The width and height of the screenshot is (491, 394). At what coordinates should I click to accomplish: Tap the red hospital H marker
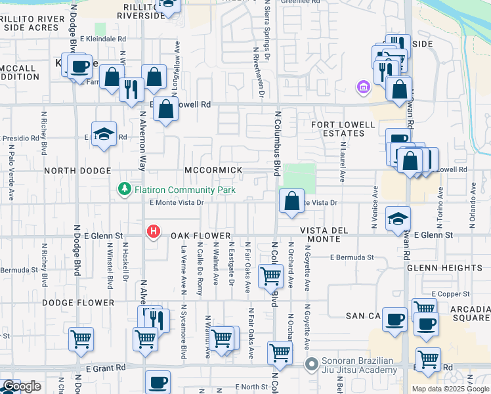[x=154, y=231]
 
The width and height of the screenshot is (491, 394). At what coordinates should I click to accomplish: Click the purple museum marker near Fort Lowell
[x=362, y=86]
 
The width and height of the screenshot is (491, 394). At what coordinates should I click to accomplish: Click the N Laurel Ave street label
[x=342, y=164]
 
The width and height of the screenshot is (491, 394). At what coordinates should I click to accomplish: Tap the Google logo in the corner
[x=22, y=386]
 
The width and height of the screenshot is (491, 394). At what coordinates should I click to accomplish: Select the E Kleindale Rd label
[x=102, y=39]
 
